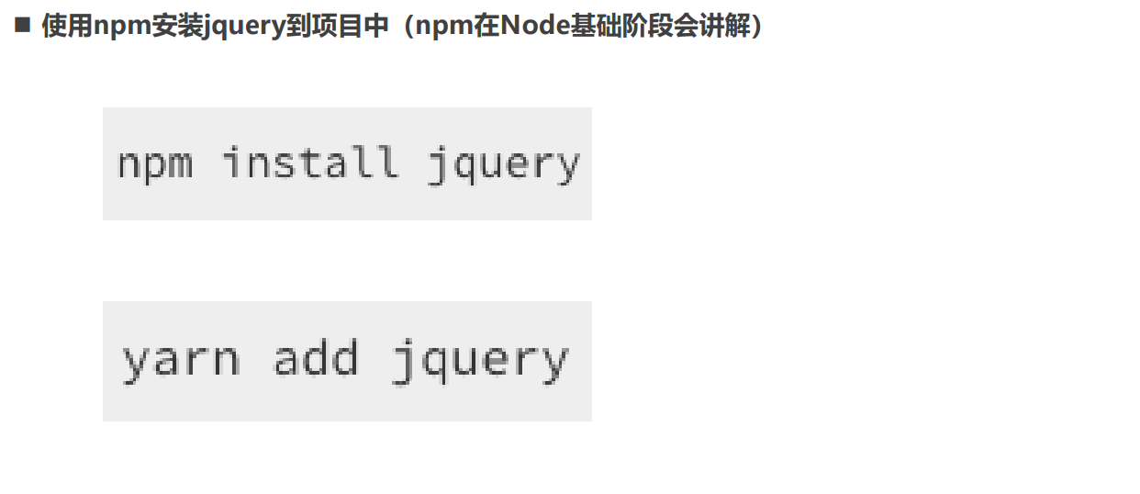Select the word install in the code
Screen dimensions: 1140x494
[310, 163]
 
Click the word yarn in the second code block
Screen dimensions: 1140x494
[181, 359]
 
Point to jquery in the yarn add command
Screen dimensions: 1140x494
[479, 359]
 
